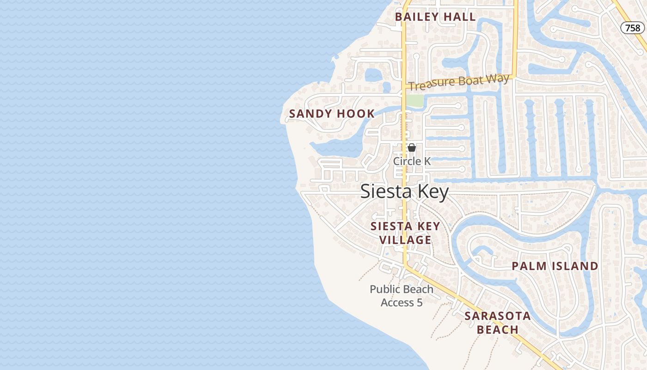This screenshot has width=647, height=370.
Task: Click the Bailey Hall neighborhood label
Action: [435, 17]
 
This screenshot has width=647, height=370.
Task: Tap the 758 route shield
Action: [632, 28]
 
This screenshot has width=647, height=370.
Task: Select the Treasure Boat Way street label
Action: [458, 82]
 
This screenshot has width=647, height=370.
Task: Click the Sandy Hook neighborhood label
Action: [332, 114]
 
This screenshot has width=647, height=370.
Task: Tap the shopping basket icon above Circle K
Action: [412, 148]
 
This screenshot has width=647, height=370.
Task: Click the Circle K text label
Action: [412, 161]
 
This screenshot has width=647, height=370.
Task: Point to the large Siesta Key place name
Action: [404, 191]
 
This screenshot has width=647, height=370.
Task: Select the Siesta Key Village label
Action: [405, 233]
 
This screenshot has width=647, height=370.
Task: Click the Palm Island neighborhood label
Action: [555, 266]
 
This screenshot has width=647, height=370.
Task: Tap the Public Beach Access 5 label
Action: [401, 296]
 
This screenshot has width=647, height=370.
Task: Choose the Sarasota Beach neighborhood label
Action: [497, 323]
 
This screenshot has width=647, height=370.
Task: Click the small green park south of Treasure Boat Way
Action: [415, 101]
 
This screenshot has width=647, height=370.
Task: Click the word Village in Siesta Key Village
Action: [405, 240]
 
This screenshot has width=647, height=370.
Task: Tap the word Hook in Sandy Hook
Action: [355, 114]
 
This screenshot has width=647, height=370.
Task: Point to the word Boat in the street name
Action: [460, 82]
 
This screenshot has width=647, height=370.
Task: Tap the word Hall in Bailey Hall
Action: [459, 17]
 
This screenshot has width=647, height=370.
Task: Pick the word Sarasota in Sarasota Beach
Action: [497, 316]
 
